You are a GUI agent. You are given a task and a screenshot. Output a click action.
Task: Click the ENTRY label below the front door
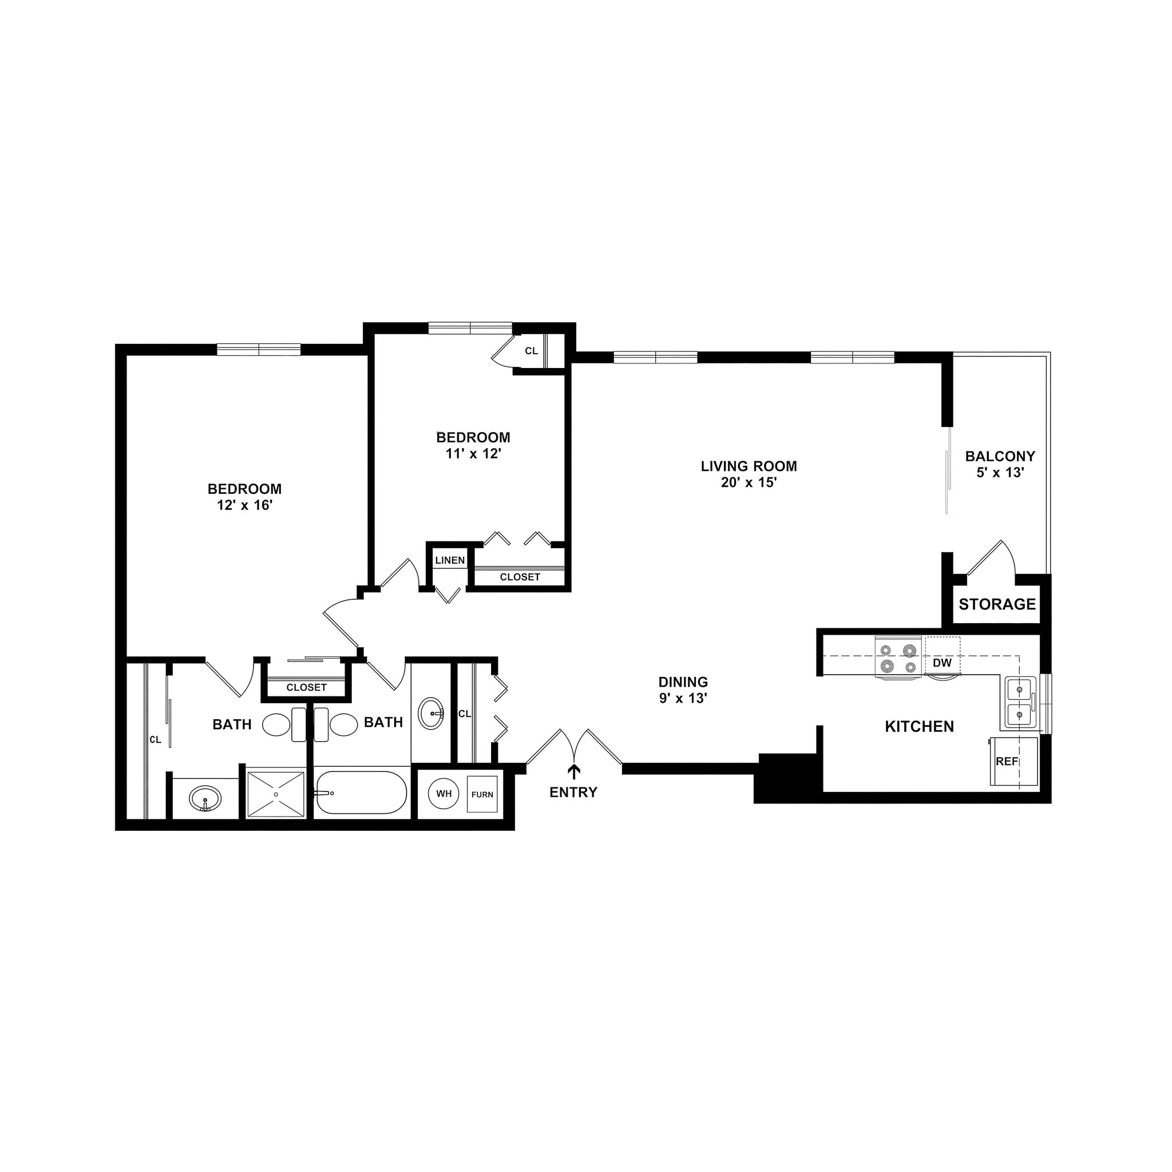[x=573, y=792]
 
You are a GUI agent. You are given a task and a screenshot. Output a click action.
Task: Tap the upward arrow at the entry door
[x=573, y=771]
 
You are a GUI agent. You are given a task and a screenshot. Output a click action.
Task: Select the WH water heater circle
[x=444, y=794]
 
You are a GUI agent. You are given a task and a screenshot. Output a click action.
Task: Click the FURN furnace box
[x=482, y=795]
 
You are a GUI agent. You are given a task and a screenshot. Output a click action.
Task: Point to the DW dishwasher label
[x=942, y=663]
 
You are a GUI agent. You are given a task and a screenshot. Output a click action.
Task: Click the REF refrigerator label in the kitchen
[x=1007, y=761]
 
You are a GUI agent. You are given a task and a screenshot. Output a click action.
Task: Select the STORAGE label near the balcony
[x=997, y=604]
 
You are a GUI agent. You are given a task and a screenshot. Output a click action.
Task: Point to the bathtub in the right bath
[x=361, y=792]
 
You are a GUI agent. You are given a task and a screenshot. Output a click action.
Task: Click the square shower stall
[x=275, y=794]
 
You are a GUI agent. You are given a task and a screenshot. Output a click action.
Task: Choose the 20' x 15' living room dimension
[x=749, y=483]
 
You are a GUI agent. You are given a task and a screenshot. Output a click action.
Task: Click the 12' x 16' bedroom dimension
[x=244, y=505]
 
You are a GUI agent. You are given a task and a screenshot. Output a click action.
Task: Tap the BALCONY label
[x=1000, y=456]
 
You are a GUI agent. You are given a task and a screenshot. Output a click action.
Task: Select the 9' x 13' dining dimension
[x=683, y=698]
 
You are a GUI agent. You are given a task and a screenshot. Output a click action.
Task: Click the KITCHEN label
[x=919, y=726]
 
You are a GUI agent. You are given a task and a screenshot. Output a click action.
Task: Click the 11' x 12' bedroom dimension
[x=473, y=454]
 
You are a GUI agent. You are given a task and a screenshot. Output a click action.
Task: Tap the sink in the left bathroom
[x=205, y=798]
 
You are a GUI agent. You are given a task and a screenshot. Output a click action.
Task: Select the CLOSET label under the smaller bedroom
[x=519, y=577]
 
